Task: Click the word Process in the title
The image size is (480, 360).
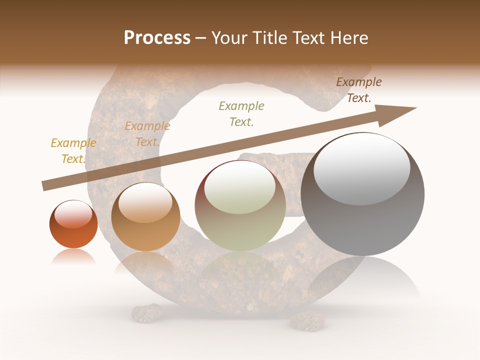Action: coord(157,38)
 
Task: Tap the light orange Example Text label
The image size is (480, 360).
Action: coord(147,134)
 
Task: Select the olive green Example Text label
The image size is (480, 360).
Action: coord(241,113)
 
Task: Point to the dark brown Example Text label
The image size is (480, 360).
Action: coord(359,90)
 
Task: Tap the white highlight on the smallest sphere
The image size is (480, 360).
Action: coord(73,214)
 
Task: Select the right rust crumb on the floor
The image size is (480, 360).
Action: coord(307,321)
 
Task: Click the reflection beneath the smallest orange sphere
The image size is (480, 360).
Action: coord(73,256)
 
